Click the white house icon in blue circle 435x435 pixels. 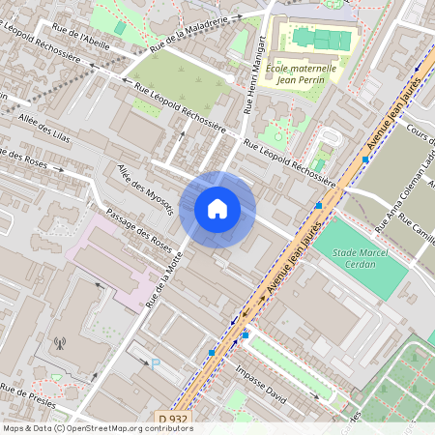(217, 209)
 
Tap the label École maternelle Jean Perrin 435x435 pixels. (305, 74)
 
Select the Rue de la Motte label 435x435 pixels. (163, 279)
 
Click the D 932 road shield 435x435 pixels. (173, 418)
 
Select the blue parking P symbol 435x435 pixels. (156, 363)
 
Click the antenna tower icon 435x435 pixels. (59, 342)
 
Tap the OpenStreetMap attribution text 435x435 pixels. (97, 428)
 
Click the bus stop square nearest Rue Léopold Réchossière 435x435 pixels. (318, 205)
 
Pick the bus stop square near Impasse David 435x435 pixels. (246, 334)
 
